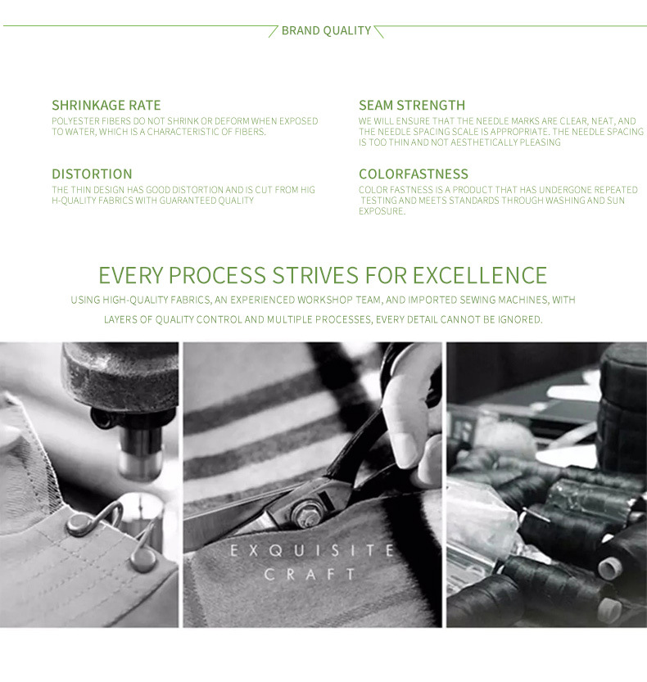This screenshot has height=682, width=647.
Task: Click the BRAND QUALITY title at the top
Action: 326,30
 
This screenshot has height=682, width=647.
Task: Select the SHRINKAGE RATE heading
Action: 106,106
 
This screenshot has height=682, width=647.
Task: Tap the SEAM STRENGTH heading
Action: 412,106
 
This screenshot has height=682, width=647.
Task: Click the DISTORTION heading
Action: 92,174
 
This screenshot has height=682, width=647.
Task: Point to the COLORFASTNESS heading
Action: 414,174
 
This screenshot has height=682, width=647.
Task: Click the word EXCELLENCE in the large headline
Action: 479,275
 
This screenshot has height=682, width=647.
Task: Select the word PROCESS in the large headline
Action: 217,275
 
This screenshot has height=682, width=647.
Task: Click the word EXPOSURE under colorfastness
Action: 382,211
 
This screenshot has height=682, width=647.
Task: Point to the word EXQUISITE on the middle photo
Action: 312,551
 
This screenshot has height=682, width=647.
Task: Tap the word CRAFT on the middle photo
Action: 310,574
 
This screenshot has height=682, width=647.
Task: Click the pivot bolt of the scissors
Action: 307,510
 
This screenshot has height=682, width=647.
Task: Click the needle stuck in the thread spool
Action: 536,515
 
